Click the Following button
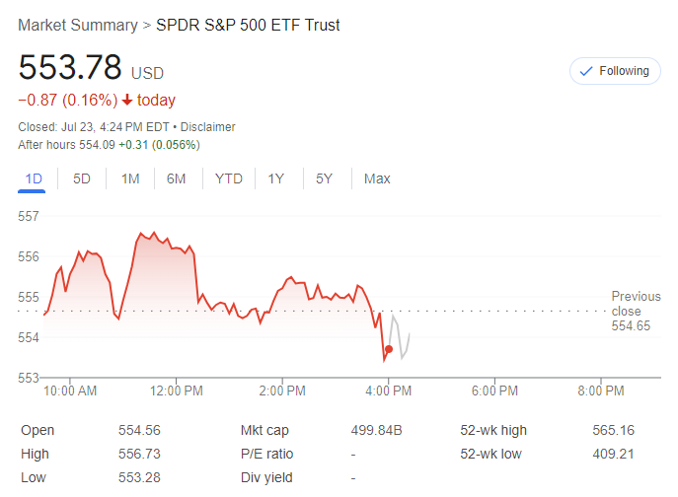(614, 71)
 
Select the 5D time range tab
(82, 178)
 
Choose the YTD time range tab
(229, 178)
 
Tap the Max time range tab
(377, 178)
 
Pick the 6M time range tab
(177, 178)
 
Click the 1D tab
(34, 178)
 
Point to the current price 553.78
(70, 68)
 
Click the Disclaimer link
(207, 127)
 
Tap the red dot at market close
(389, 349)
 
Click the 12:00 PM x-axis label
(177, 390)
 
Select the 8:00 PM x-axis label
(600, 390)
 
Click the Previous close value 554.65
(631, 325)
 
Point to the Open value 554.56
(139, 430)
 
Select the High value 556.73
(139, 454)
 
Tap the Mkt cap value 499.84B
(377, 430)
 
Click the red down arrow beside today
(127, 101)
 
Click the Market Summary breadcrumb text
(77, 25)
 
